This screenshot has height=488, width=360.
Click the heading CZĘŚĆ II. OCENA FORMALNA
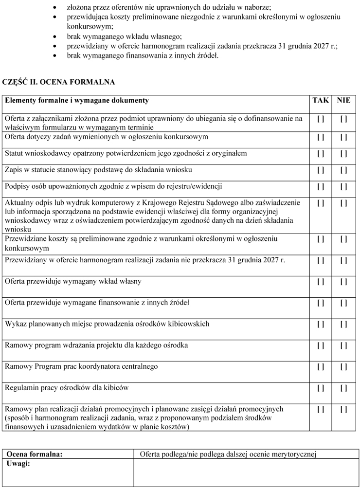59,82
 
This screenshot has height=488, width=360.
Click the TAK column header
321,101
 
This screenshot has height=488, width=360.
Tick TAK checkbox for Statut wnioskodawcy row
321,154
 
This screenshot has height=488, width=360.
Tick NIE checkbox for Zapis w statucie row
343,170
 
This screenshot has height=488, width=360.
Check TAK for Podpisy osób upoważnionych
321,187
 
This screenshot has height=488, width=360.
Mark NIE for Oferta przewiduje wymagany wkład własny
343,282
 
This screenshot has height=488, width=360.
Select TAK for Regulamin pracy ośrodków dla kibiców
321,388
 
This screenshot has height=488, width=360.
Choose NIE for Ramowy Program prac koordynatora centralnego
343,367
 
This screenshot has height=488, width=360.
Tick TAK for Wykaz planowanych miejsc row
321,324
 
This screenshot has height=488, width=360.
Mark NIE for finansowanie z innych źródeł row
343,303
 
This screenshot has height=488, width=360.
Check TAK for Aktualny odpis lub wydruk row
321,202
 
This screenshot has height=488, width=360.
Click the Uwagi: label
19,464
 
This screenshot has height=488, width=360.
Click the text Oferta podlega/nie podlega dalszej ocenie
228,454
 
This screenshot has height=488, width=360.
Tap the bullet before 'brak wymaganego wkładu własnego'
57,37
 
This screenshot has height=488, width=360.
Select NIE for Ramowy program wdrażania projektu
343,345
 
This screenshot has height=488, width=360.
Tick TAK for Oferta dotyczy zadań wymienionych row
321,137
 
